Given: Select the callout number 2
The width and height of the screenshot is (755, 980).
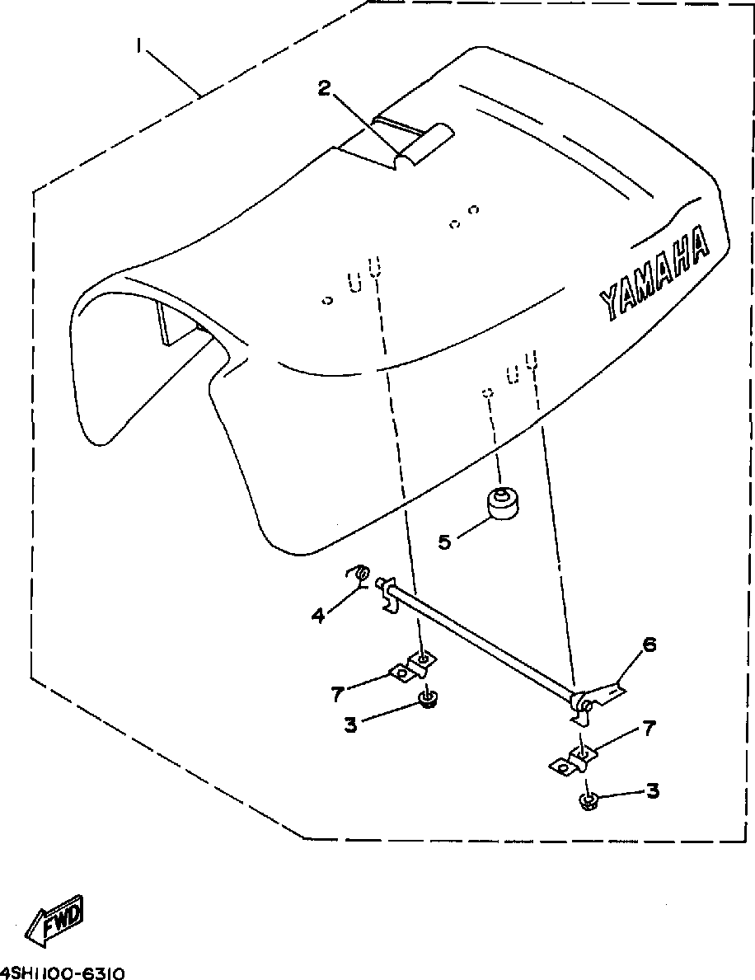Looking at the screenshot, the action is (326, 88).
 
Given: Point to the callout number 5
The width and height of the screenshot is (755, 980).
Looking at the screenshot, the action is (445, 542).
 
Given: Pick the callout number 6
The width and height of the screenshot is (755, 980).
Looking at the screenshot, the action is (649, 645).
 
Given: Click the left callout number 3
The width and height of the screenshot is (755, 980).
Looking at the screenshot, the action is (350, 726).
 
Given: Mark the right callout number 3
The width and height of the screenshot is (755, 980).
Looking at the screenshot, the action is (652, 791).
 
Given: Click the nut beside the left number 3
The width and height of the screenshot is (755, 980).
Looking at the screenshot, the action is (426, 701).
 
